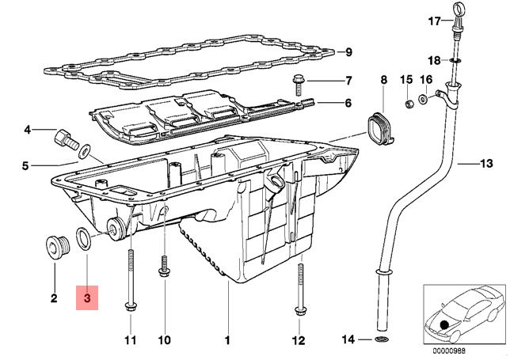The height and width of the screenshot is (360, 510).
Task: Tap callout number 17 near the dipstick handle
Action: click(433, 21)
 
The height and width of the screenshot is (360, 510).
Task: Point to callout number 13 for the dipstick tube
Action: click(485, 164)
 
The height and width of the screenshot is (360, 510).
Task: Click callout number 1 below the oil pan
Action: click(227, 341)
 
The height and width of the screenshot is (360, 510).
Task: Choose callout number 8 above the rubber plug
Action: click(384, 79)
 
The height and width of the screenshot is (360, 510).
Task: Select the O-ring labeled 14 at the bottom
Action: click(382, 340)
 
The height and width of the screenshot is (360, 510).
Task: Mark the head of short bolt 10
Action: click(164, 274)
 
